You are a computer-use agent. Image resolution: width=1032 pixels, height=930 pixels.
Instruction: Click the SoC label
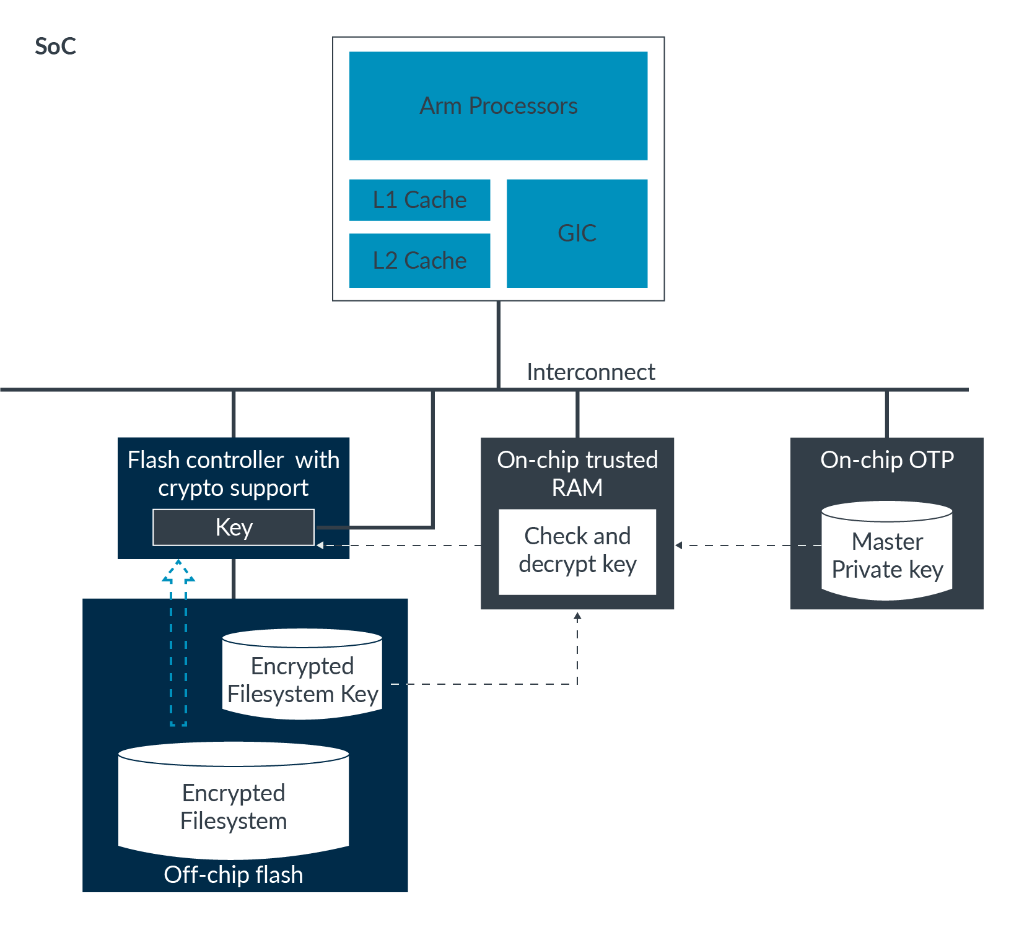(55, 46)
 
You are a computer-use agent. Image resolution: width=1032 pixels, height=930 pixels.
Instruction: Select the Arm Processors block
(498, 106)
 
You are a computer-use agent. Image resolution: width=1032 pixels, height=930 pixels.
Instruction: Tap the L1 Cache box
(419, 200)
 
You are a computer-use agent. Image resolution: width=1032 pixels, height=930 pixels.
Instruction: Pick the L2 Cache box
(419, 261)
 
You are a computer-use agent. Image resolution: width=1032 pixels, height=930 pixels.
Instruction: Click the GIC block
(577, 233)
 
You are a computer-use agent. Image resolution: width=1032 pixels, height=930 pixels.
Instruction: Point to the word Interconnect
(590, 372)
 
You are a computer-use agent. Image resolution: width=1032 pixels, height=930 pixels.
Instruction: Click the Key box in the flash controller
(234, 528)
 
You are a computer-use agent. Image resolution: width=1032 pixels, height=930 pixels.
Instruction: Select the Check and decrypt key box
(577, 551)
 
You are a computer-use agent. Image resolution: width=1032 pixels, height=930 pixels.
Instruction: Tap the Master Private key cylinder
(886, 552)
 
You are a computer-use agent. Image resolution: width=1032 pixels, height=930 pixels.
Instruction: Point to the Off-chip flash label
(234, 875)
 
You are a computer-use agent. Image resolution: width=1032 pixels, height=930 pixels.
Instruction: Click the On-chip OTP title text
(886, 460)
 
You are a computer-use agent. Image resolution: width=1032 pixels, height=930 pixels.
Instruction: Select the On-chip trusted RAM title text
(577, 474)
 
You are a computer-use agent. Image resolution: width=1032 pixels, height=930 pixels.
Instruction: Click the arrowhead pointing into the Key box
(320, 545)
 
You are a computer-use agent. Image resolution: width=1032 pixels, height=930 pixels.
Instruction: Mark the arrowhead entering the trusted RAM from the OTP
(679, 545)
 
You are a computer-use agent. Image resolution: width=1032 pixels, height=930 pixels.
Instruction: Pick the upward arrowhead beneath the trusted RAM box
(577, 616)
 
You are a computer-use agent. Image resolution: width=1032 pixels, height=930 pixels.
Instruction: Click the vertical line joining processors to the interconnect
(498, 344)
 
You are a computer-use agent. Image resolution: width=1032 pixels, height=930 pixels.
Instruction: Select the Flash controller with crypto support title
(234, 474)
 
